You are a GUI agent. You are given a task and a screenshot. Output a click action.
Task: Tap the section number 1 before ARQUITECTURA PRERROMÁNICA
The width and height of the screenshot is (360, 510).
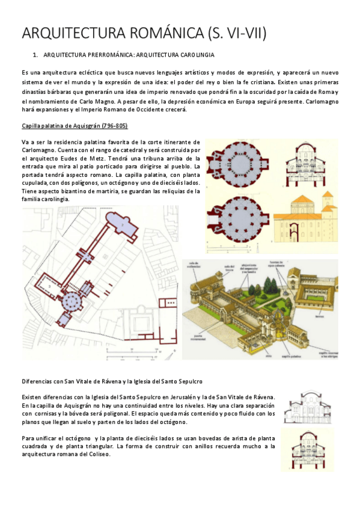(35, 55)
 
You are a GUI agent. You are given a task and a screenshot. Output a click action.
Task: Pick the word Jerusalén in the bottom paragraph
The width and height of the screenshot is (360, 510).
(194, 397)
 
